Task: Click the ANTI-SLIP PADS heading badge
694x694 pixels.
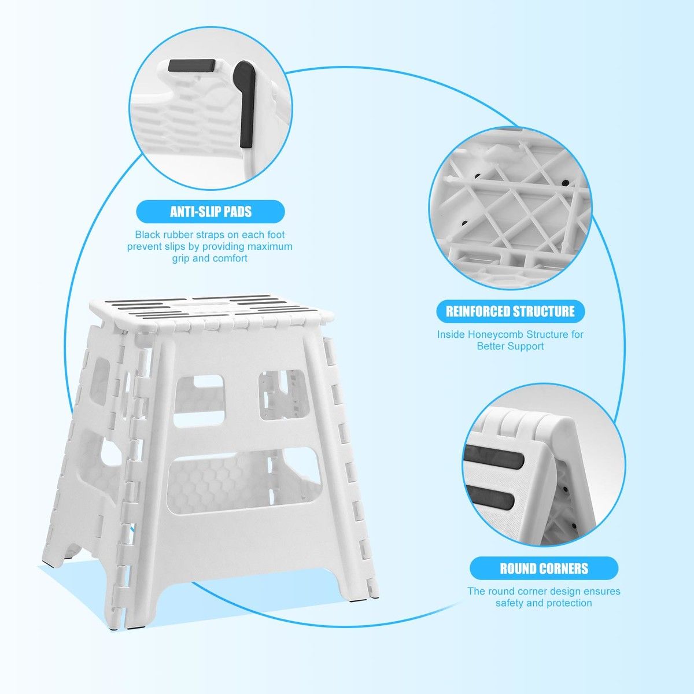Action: pos(211,212)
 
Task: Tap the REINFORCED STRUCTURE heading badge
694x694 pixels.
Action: pos(510,311)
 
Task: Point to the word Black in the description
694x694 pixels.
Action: pos(147,234)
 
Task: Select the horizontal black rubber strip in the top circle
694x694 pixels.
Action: pos(191,65)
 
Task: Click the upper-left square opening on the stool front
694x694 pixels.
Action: pos(199,401)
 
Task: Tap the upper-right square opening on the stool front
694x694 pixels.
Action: pos(283,395)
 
